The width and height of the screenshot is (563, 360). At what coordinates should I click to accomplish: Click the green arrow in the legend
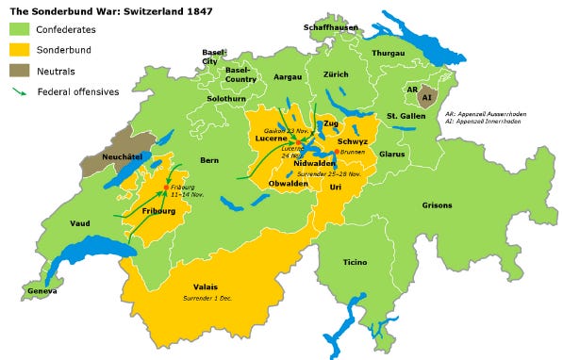click(x=19, y=91)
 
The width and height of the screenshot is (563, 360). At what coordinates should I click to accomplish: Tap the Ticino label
click(x=355, y=261)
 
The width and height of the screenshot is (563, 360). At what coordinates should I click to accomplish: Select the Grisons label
click(x=438, y=205)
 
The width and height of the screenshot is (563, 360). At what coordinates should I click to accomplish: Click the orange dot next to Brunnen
click(x=337, y=150)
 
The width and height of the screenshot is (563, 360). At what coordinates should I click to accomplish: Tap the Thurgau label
click(x=388, y=54)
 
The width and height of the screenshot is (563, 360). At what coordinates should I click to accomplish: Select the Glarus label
click(x=391, y=153)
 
